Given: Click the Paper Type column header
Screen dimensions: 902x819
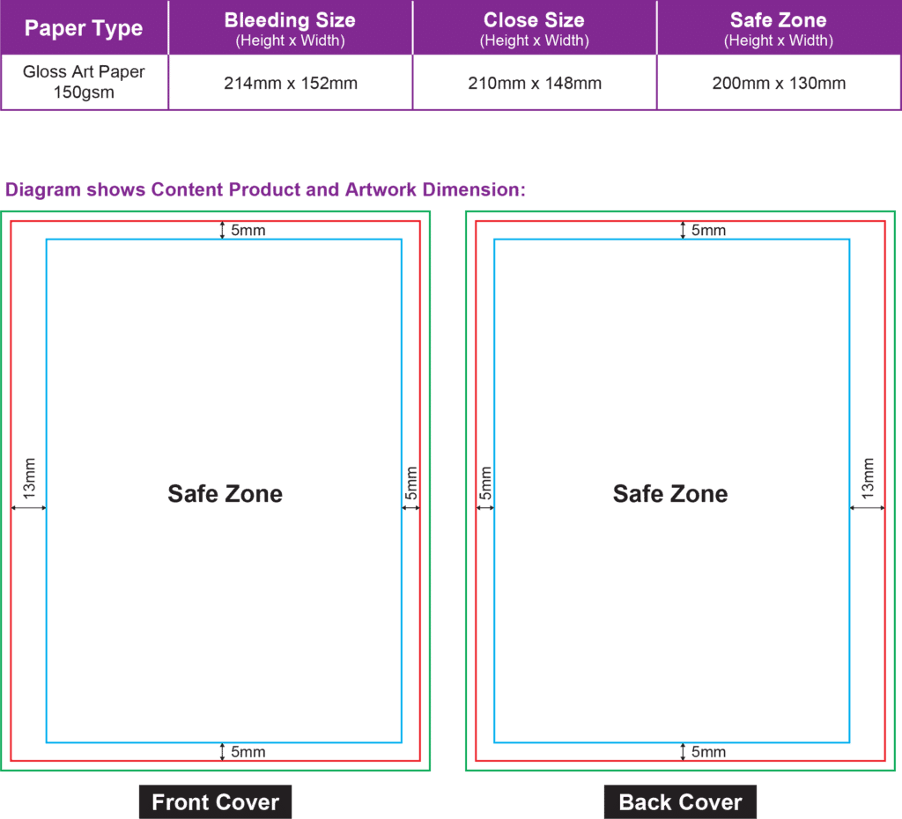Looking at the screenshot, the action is pos(84,28).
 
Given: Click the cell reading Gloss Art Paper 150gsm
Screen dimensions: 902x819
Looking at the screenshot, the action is pos(84,82).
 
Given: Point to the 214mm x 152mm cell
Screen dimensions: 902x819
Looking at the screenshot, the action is pos(291,84).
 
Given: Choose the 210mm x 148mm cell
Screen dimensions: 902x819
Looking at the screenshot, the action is pos(535,84).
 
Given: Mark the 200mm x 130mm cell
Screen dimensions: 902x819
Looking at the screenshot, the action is pos(779,84).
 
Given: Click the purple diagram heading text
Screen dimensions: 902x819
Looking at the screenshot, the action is pos(265,189).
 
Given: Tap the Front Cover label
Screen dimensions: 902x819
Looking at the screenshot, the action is pos(215,801).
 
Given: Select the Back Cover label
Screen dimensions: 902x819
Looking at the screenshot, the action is pos(680,801).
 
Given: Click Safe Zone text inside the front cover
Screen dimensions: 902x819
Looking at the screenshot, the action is pos(225,493).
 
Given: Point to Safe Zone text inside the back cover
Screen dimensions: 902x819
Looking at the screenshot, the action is pos(670,493).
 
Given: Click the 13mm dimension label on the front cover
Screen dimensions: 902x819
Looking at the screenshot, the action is pos(29,478).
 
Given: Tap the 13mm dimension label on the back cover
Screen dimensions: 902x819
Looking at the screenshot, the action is pos(868,478).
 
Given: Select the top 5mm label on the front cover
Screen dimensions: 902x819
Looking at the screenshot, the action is pos(248,230).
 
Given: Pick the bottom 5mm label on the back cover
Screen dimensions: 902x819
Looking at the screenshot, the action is pos(708,752).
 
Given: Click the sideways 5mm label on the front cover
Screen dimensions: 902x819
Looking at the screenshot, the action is pos(410,483).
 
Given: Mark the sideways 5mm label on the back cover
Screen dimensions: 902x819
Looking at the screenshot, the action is pos(485,483).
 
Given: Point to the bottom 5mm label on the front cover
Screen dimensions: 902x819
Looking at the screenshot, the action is pos(248,752).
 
